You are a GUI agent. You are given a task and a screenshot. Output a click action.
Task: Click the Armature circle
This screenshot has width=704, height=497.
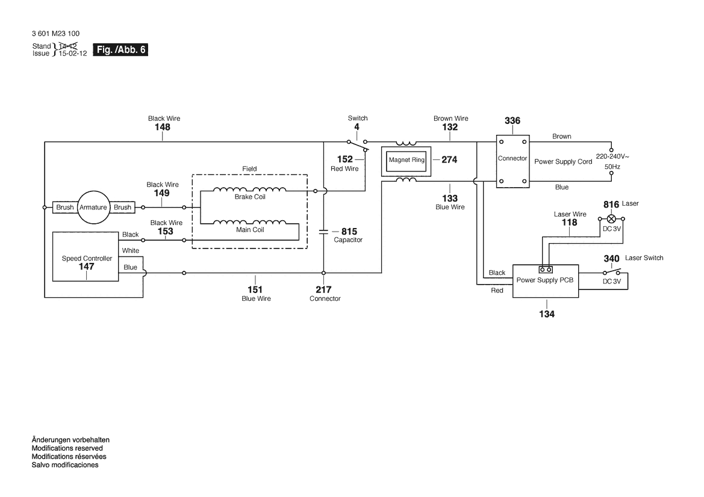pyautogui.click(x=93, y=207)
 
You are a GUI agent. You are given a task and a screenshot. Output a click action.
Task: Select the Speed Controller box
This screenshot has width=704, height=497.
pyautogui.click(x=86, y=256)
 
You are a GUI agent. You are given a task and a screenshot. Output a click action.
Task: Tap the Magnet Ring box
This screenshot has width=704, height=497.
pyautogui.click(x=407, y=160)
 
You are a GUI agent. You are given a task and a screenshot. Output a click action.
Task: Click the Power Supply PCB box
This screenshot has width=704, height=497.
pyautogui.click(x=545, y=281)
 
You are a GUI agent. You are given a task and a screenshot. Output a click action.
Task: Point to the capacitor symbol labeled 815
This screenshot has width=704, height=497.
pyautogui.click(x=323, y=231)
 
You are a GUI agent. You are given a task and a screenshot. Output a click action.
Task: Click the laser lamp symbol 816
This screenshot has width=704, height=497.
pyautogui.click(x=612, y=218)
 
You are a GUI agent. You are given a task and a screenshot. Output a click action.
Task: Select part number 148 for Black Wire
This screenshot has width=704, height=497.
pyautogui.click(x=163, y=128)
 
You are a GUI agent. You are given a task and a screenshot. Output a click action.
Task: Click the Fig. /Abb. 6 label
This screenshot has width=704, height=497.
pyautogui.click(x=120, y=50)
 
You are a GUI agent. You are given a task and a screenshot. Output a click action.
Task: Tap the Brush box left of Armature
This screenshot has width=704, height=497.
pyautogui.click(x=65, y=207)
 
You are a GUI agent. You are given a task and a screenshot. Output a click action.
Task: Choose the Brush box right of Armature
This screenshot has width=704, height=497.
pyautogui.click(x=122, y=207)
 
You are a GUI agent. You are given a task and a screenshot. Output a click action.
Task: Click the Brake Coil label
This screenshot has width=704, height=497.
pyautogui.click(x=250, y=197)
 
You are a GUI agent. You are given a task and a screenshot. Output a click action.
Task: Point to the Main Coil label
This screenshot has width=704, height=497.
pyautogui.click(x=250, y=229)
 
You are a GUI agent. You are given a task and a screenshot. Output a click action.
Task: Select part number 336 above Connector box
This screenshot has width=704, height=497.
pyautogui.click(x=512, y=121)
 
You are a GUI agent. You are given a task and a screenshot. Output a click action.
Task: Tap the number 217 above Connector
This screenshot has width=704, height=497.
pyautogui.click(x=323, y=289)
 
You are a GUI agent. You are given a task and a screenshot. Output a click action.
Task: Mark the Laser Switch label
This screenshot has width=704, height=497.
pyautogui.click(x=644, y=258)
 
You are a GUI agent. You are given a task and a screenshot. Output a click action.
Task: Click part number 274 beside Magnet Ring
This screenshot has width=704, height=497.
pyautogui.click(x=449, y=160)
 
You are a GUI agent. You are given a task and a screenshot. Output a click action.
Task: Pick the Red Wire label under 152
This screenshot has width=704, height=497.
pyautogui.click(x=344, y=168)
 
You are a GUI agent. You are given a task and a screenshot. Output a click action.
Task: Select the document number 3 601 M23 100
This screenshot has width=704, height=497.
pyautogui.click(x=55, y=34)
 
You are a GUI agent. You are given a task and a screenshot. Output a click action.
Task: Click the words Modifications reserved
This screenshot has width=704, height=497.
pyautogui.click(x=67, y=448)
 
